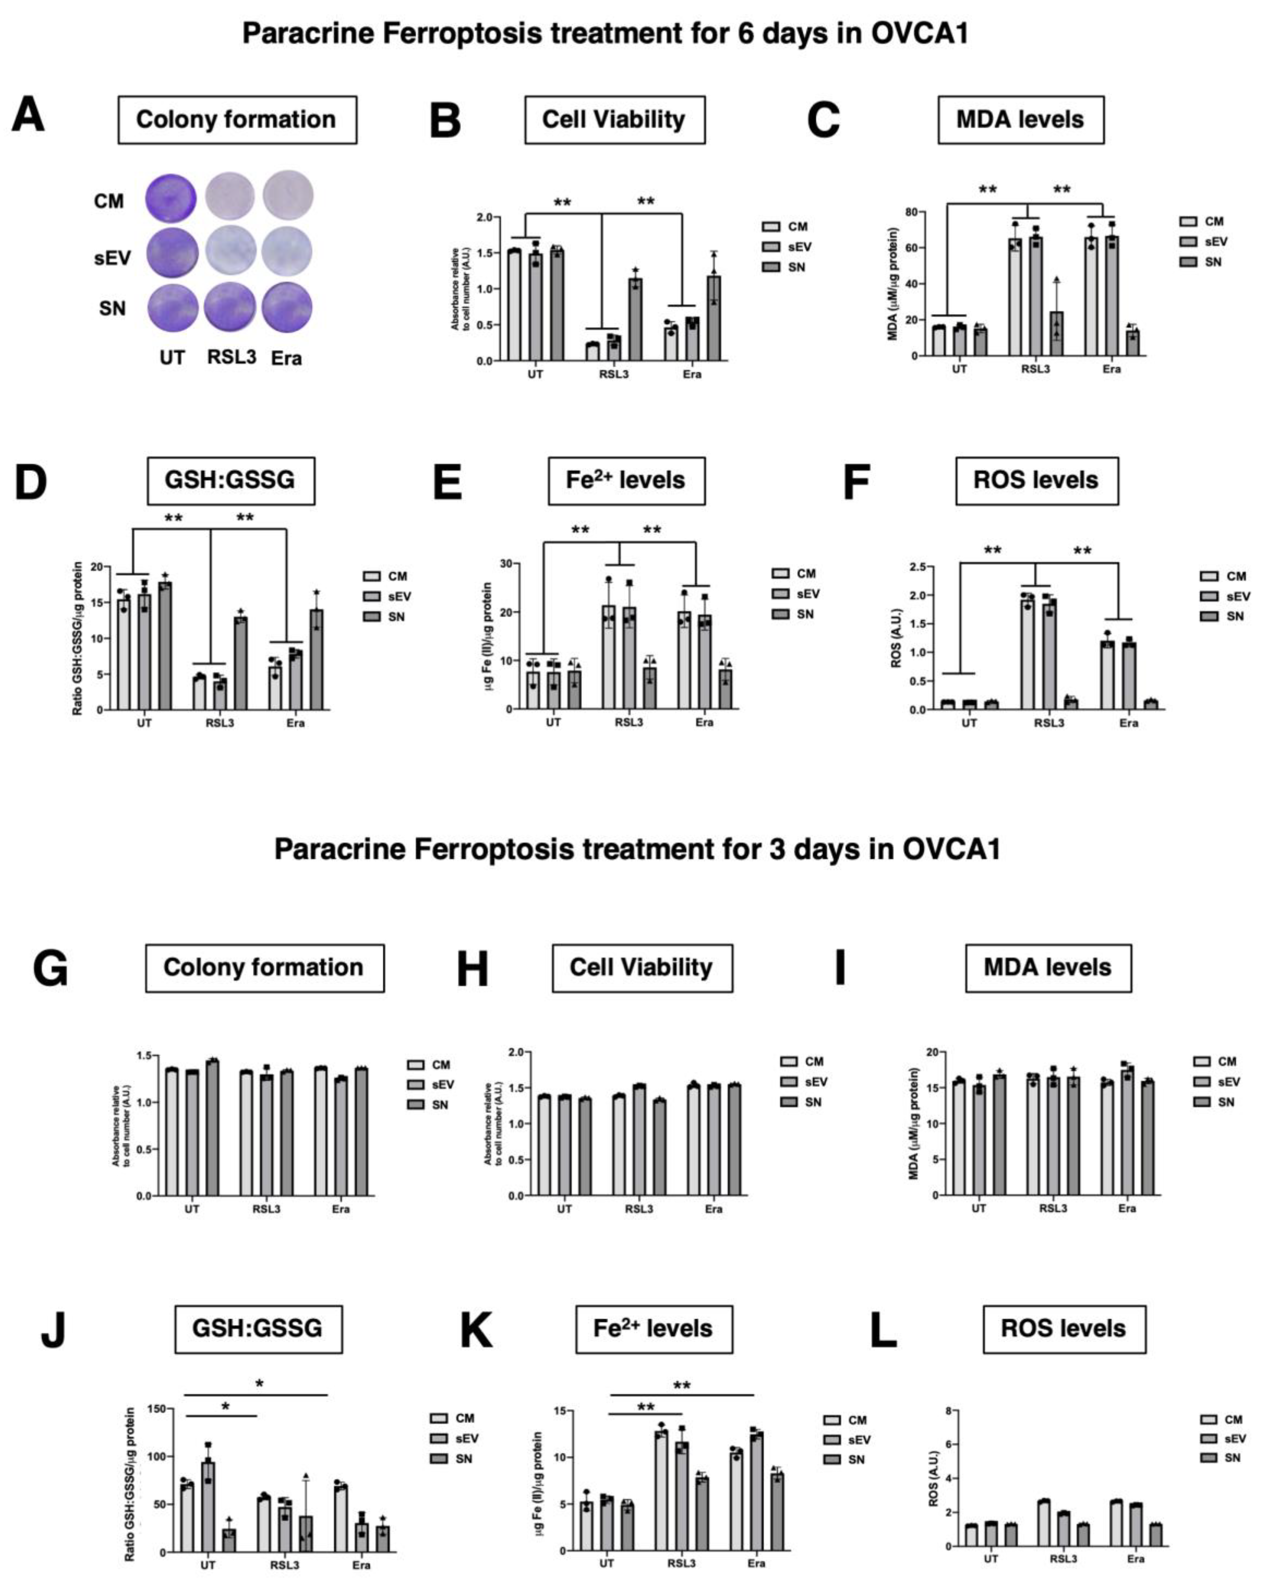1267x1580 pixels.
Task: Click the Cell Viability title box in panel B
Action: pos(614,119)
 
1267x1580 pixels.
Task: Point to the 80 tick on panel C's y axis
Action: pos(911,212)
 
